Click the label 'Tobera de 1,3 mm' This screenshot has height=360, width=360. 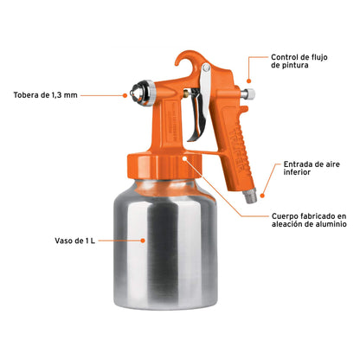tap(44, 95)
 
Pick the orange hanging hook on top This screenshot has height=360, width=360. tap(185, 61)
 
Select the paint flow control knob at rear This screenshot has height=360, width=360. tap(249, 94)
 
